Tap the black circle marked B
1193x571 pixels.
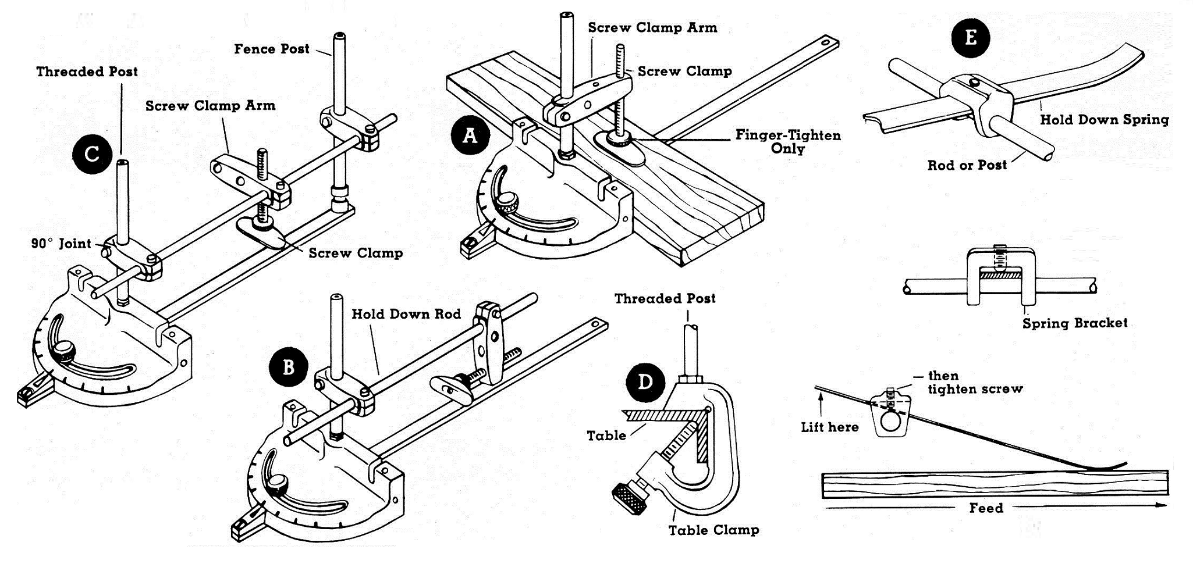coord(288,367)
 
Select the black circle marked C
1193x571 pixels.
coord(91,154)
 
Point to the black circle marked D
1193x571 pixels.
coord(645,382)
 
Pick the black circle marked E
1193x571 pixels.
coord(970,37)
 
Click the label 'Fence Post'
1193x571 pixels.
coord(272,49)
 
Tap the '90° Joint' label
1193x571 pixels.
coord(61,244)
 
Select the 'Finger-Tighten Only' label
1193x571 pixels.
coord(788,142)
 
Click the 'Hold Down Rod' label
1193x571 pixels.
coord(406,314)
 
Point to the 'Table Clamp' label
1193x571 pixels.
coord(713,530)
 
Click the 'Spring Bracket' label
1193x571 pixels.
coord(1075,323)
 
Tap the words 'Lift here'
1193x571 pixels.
coord(829,427)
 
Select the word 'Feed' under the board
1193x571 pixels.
coord(986,508)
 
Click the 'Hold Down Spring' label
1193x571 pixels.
coord(1104,120)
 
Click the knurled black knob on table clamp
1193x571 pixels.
coord(629,499)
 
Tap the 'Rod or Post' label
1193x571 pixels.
coord(967,165)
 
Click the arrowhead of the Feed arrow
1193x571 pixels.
coord(1162,506)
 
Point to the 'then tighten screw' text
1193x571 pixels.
coord(975,382)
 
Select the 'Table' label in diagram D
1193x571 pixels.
coord(606,436)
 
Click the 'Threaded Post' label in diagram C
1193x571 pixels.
coord(87,72)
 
